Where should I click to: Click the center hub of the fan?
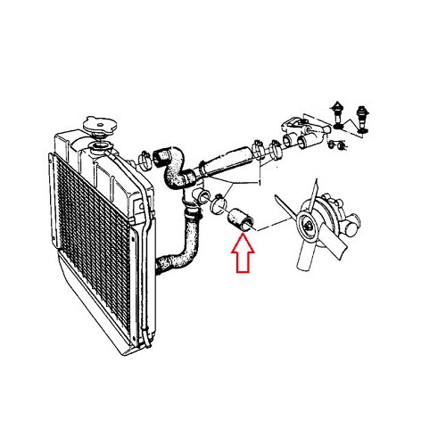[310, 225]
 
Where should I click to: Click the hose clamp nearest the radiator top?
[144, 161]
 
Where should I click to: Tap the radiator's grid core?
[89, 241]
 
